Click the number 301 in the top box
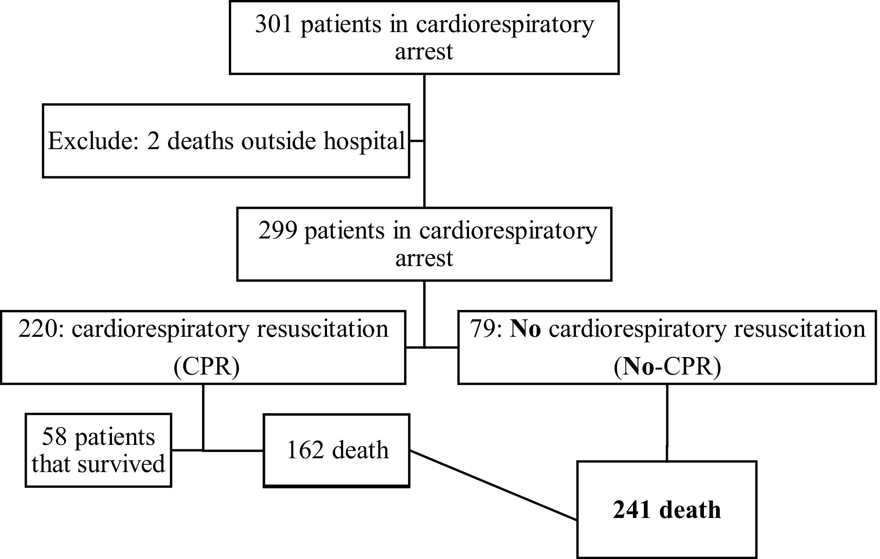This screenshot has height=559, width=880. click(x=273, y=24)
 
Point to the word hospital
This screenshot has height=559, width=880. click(x=364, y=141)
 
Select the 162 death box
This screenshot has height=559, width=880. click(x=337, y=450)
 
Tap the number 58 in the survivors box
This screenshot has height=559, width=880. click(x=54, y=438)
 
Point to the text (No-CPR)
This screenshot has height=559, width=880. click(x=667, y=366)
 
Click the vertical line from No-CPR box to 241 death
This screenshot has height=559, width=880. click(x=667, y=422)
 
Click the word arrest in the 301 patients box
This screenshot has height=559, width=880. click(x=424, y=52)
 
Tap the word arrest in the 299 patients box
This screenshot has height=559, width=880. click(x=424, y=258)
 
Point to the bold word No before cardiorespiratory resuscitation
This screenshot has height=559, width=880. click(x=525, y=329)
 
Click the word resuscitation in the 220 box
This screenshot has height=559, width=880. click(x=322, y=329)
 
